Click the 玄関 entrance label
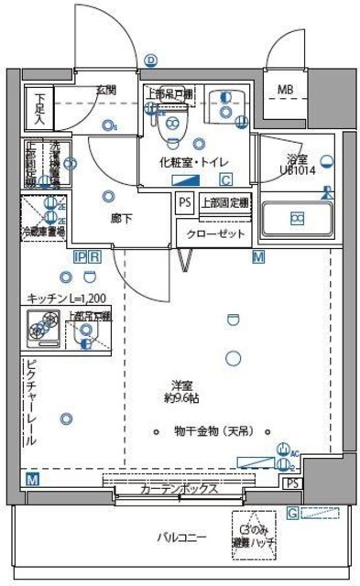(x=105, y=90)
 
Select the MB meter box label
(x=286, y=90)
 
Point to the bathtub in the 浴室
(x=297, y=219)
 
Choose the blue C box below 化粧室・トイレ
(x=224, y=180)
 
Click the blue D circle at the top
(x=150, y=60)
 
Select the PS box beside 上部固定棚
(x=185, y=203)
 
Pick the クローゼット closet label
(x=216, y=234)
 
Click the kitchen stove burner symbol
(x=42, y=325)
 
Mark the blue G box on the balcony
(x=292, y=513)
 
